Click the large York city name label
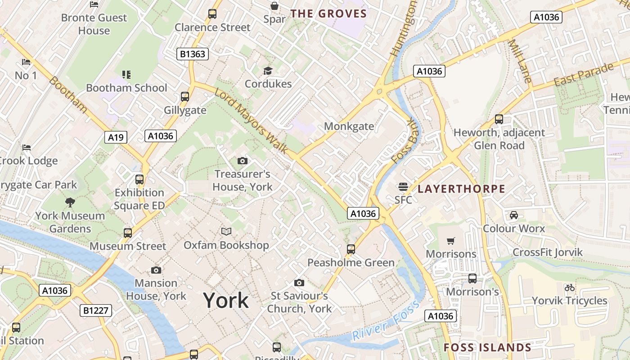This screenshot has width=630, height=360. tap(225, 300)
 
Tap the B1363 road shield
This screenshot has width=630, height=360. tap(192, 54)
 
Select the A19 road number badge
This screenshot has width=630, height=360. tap(116, 137)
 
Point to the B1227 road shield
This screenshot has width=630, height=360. tap(96, 310)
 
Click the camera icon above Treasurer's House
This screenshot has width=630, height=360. tap(242, 161)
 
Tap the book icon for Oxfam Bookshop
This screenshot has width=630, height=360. tap(226, 231)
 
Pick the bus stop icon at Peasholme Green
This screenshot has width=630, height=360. tap(351, 249)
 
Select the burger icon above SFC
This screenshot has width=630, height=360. tap(403, 187)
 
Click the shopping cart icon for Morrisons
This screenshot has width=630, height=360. tap(451, 241)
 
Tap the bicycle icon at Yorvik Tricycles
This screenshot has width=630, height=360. tap(569, 288)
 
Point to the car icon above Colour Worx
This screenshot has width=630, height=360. tap(513, 215)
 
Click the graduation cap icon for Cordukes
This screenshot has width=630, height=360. tap(268, 71)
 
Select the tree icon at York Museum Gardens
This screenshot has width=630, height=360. tap(70, 202)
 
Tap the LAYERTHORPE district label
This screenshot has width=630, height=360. tap(461, 189)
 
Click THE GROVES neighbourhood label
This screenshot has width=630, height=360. tap(328, 13)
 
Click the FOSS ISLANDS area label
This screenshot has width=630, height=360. tap(487, 347)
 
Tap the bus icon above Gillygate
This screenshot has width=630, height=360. tap(184, 96)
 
